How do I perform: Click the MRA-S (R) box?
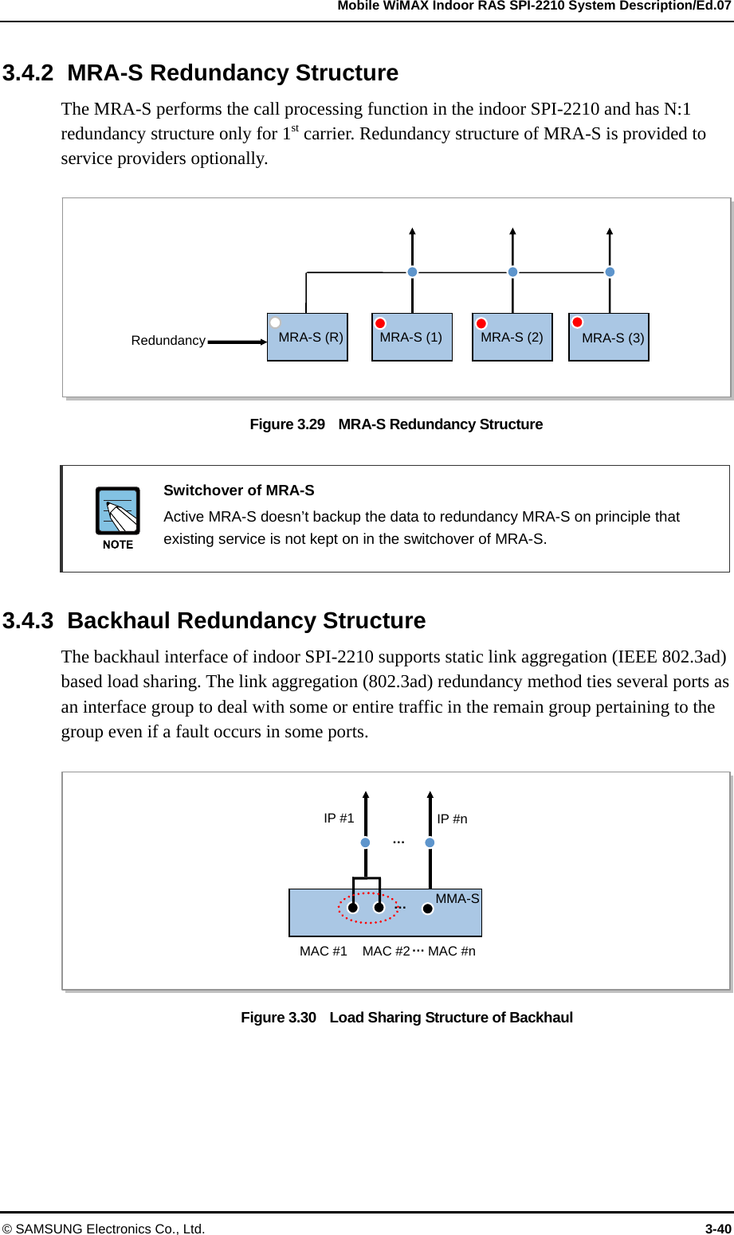click(307, 338)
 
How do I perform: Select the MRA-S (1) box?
click(411, 338)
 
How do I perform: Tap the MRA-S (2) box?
click(512, 338)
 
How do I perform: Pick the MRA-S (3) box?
click(609, 338)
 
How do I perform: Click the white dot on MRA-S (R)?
click(275, 322)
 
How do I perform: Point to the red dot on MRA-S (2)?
click(481, 323)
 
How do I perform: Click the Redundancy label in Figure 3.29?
click(168, 341)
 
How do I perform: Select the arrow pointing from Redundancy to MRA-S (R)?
click(237, 342)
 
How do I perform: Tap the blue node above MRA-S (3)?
click(610, 272)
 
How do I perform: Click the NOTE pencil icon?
click(118, 511)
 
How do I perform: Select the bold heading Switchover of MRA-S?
click(239, 490)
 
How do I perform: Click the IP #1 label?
click(339, 819)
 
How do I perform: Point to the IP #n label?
click(452, 819)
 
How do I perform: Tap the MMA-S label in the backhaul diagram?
click(457, 899)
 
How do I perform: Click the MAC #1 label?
click(324, 952)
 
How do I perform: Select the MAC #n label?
click(452, 952)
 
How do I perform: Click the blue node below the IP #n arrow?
click(430, 842)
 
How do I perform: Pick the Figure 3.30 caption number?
click(279, 1018)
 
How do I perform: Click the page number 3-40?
click(718, 1229)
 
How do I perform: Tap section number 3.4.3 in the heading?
click(28, 621)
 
